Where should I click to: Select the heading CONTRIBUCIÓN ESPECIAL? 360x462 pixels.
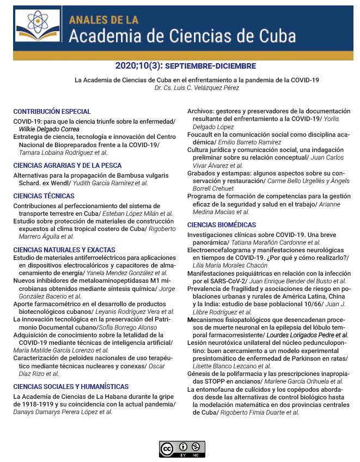tap(52, 112)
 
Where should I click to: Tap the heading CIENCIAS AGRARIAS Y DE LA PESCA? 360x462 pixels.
tap(67, 165)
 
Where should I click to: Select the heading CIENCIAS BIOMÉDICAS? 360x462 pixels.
tap(221, 224)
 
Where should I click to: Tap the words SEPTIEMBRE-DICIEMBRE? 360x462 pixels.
tap(210, 66)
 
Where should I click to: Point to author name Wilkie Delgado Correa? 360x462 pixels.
tap(49, 129)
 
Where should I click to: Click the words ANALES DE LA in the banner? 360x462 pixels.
tap(103, 20)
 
